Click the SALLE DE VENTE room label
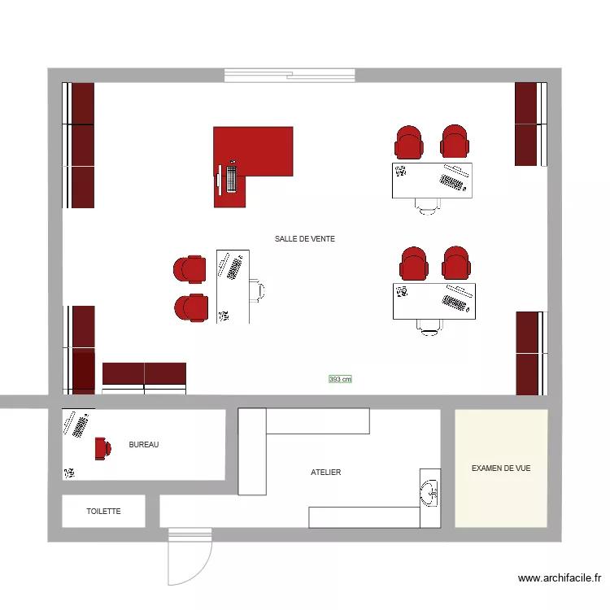coord(305,239)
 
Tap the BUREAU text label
coord(144,445)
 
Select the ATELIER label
coord(325,473)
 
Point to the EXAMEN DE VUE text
coord(501,468)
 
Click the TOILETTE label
coord(103,512)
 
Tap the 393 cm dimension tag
coord(340,379)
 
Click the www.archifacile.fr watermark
coord(560,579)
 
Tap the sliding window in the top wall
coord(290,76)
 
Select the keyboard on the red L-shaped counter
coord(232,176)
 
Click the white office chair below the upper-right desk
coord(428,205)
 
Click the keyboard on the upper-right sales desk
coord(454,183)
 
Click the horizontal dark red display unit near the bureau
coord(144,374)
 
